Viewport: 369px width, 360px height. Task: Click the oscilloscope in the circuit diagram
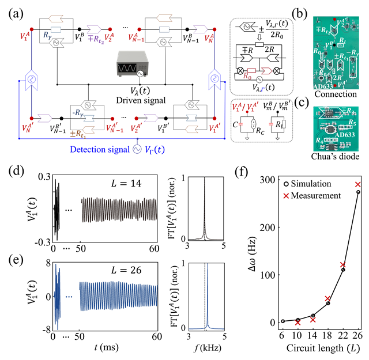[131, 64]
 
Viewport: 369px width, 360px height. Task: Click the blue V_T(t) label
[155, 149]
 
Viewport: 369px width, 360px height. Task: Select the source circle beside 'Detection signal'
[137, 149]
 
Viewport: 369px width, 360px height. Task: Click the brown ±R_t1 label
[78, 134]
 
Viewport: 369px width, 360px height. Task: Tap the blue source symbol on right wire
[214, 79]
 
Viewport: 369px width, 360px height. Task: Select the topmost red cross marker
[357, 184]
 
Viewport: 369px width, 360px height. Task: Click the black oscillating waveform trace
[119, 210]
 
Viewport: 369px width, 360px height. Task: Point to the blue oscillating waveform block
[118, 297]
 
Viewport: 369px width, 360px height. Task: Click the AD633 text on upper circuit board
[323, 86]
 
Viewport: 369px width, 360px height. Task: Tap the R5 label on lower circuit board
[352, 123]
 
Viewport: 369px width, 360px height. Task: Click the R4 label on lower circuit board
[319, 140]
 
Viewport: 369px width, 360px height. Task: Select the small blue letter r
[262, 89]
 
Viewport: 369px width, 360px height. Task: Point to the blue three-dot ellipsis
[69, 297]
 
